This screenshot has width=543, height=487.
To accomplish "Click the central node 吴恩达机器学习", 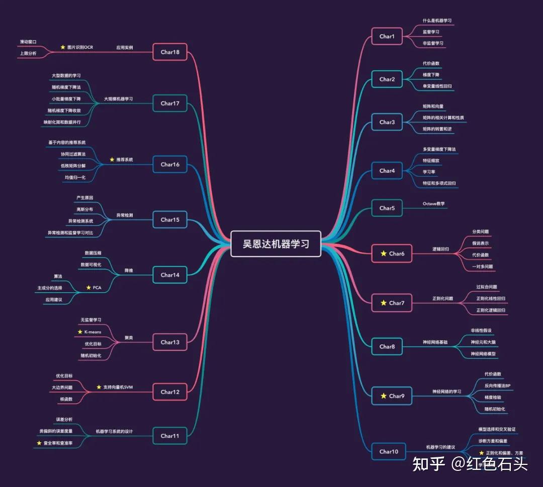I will (276, 244).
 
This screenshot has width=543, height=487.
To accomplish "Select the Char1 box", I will (387, 37).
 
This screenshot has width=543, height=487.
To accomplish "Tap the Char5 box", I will (387, 208).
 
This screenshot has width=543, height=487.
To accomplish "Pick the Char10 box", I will (389, 451).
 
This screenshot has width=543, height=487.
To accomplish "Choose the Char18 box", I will (170, 52).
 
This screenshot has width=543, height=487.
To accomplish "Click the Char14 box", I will (170, 275).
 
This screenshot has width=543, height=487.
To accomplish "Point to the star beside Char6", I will (384, 254).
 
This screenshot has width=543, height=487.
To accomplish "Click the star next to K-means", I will (80, 332).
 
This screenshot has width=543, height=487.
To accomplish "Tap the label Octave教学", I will (434, 204).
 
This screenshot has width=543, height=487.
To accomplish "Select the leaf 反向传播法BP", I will (497, 386).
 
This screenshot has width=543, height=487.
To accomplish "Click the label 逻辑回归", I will (440, 249).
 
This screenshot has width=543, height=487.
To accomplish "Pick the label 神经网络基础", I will (435, 342).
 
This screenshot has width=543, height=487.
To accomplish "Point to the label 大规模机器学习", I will (118, 99).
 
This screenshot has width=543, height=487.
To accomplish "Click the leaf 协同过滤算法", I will (73, 154).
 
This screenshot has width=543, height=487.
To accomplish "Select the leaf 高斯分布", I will (84, 209).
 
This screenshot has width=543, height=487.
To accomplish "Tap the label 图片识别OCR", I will (80, 48).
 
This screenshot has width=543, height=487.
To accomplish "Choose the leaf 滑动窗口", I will (29, 42).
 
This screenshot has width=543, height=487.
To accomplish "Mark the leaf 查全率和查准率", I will (58, 443).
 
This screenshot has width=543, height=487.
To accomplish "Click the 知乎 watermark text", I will (428, 464).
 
